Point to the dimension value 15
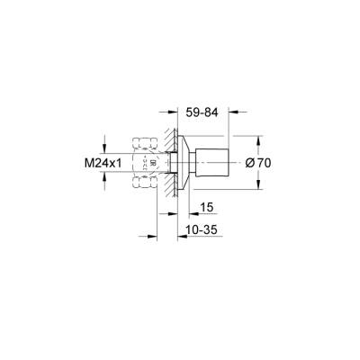click(x=206, y=206)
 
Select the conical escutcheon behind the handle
click(x=184, y=164)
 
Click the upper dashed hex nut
click(x=143, y=143)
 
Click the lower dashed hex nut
click(x=143, y=184)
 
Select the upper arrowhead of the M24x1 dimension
click(x=106, y=149)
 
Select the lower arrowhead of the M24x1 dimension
click(x=106, y=178)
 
